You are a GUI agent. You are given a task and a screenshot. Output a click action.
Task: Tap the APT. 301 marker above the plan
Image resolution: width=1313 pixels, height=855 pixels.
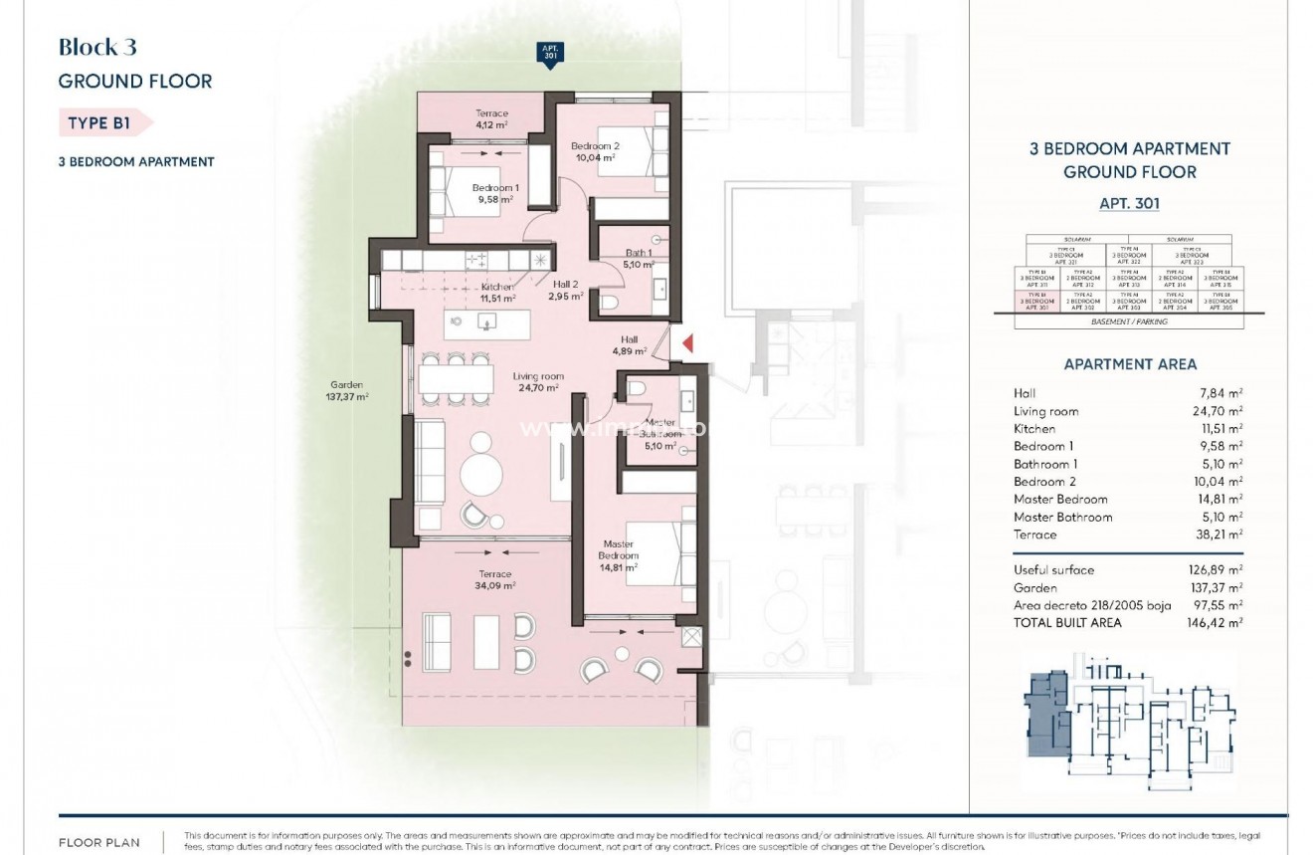tap(549, 55)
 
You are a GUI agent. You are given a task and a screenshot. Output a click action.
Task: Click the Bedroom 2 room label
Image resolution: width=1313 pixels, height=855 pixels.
tap(595, 146)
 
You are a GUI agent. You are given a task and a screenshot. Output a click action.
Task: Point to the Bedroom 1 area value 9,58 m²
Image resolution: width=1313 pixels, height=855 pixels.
tap(494, 199)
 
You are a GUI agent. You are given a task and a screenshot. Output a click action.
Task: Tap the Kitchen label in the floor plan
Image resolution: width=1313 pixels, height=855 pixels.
tap(497, 287)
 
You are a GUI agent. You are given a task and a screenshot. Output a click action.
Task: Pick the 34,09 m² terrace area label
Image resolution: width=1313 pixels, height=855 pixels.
tap(494, 586)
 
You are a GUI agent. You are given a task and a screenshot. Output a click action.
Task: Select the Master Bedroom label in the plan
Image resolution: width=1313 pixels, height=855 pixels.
tap(618, 549)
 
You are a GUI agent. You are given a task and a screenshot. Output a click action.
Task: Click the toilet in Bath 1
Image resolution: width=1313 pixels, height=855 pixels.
tap(612, 303)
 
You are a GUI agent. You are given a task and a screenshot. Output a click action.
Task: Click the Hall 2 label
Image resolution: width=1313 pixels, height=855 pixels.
tap(563, 283)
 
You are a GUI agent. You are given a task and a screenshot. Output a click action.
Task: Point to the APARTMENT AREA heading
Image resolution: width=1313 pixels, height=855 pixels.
tap(1130, 364)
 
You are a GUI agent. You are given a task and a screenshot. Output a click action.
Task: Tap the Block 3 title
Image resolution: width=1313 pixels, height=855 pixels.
tap(97, 47)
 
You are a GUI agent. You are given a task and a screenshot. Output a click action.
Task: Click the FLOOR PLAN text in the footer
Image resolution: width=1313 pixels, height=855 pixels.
tap(100, 843)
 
